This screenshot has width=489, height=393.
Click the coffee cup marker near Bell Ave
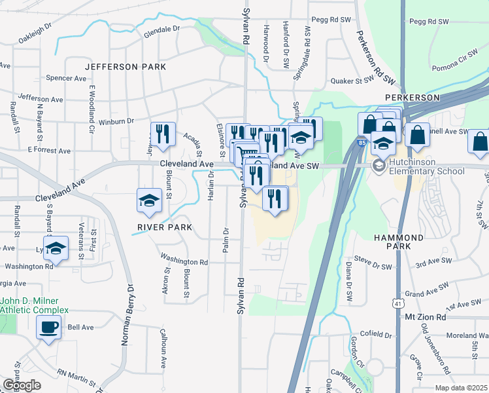48,327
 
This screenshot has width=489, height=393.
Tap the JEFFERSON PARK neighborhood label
125,67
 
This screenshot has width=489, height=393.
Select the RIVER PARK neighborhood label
165,227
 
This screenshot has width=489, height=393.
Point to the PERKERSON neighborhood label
412,97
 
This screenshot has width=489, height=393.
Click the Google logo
22,385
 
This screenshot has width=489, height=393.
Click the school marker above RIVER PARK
150,200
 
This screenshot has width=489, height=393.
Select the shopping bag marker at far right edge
479,142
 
